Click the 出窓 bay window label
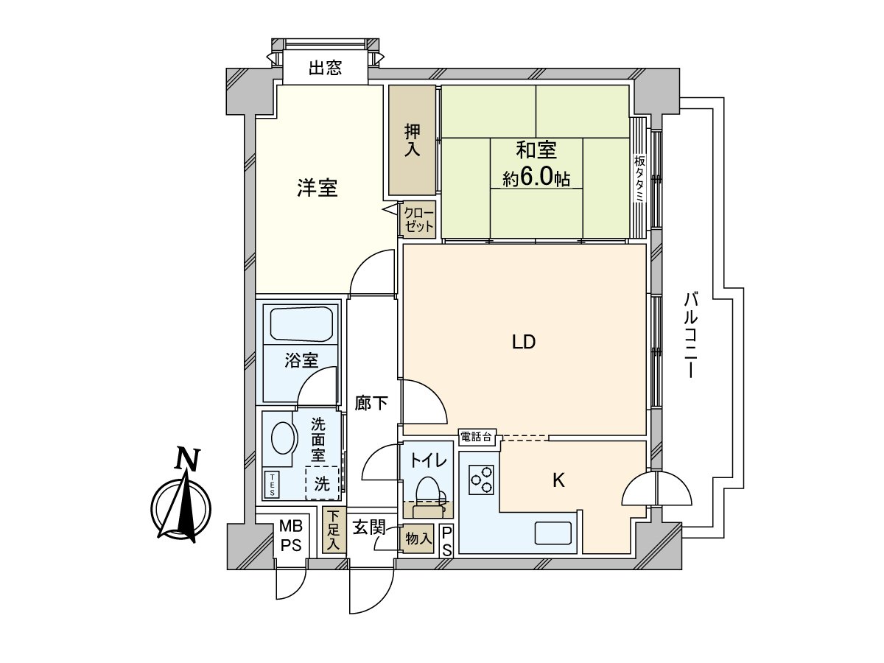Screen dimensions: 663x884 tap(325, 69)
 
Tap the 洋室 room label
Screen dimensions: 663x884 tap(318, 189)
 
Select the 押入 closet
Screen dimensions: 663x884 tap(412, 141)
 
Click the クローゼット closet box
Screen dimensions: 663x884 tap(418, 220)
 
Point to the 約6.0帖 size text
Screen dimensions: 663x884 tap(536, 178)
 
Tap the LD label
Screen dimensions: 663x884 tap(523, 342)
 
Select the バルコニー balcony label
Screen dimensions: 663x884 tap(690, 336)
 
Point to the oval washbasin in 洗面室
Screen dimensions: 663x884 tap(282, 439)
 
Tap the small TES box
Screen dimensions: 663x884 tap(272, 483)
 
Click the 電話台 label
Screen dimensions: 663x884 tap(476, 437)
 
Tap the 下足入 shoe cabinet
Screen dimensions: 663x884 tap(334, 530)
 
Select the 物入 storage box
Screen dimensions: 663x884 tap(418, 539)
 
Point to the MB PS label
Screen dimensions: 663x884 tap(290, 536)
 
